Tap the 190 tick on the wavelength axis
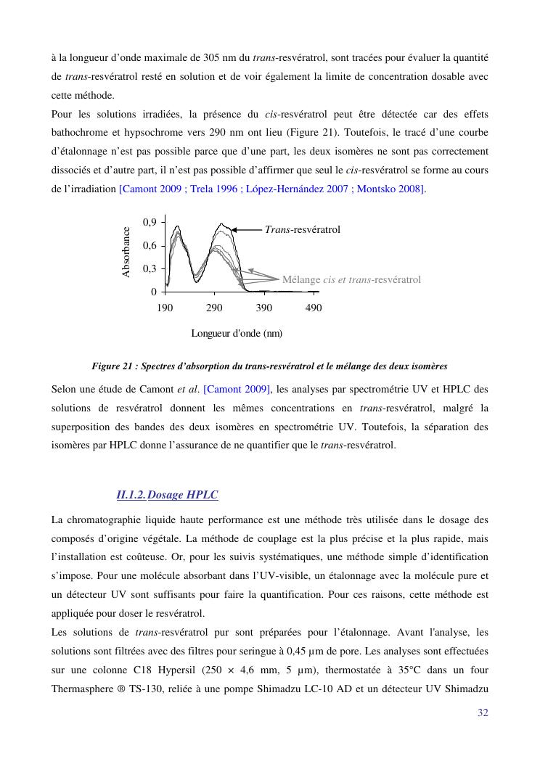point(165,308)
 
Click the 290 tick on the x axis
point(214,308)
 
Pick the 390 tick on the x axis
point(264,308)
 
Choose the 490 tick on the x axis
point(314,308)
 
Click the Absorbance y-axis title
point(126,252)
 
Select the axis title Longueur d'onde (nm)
point(237,334)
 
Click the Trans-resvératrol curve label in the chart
point(303,230)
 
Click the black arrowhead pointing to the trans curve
point(235,229)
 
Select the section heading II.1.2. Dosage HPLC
point(168,496)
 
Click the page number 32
point(483,712)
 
